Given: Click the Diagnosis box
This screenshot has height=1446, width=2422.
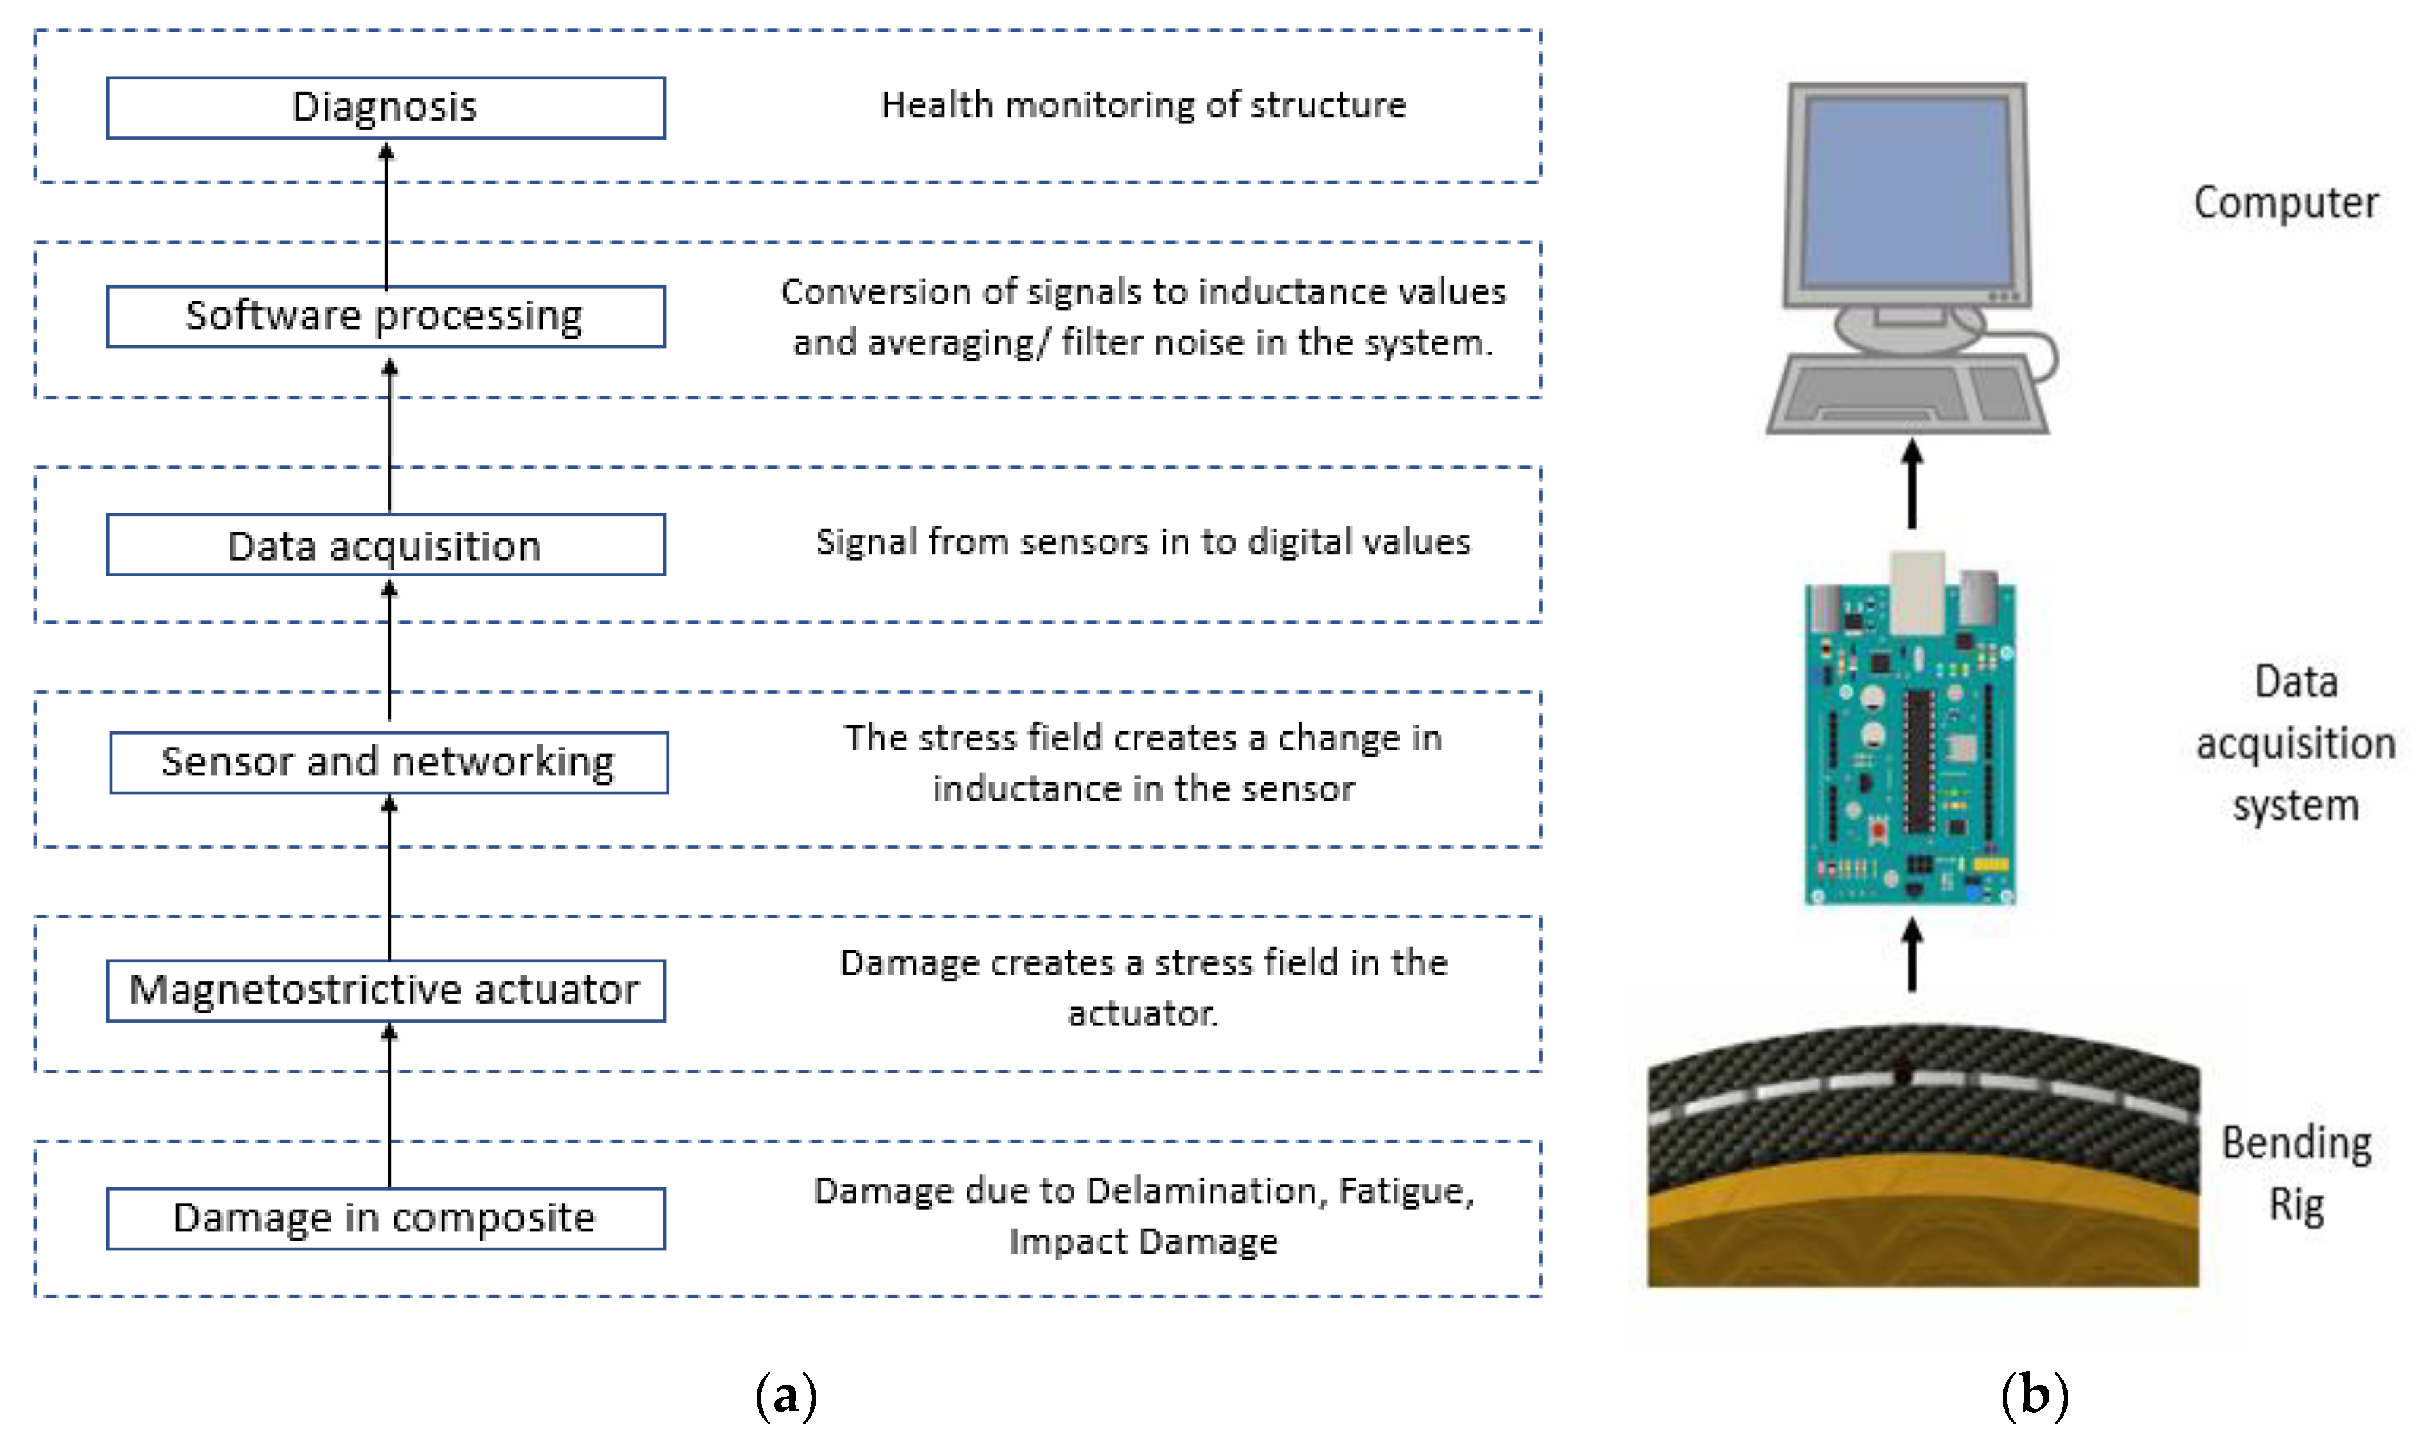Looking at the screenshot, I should [386, 107].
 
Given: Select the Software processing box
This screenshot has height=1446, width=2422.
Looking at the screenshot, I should [386, 317].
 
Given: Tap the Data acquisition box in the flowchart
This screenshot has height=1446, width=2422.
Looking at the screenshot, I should [386, 546].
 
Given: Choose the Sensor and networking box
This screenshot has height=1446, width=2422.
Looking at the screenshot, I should [389, 763].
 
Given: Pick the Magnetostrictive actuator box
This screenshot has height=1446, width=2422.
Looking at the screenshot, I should [386, 991].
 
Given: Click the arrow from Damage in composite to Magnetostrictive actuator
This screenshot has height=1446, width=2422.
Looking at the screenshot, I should [389, 1106].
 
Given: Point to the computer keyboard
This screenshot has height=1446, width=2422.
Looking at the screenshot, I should [1906, 395].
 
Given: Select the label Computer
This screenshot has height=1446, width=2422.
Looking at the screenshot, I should [2286, 203].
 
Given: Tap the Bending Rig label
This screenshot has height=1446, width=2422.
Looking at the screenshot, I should [2296, 1174].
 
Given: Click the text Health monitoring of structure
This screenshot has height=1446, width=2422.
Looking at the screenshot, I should [1144, 105].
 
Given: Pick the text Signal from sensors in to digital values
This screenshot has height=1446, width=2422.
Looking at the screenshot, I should [1144, 542].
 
